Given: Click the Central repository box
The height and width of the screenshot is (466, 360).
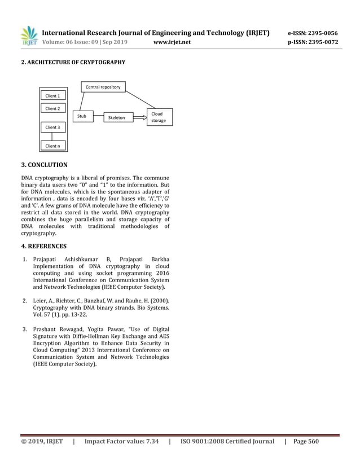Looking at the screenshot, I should [x=103, y=87].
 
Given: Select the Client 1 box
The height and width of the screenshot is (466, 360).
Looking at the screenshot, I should [x=52, y=96].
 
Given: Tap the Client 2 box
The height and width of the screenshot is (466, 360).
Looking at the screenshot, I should [x=52, y=108].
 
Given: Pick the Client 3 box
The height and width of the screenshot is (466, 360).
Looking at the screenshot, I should [x=52, y=128].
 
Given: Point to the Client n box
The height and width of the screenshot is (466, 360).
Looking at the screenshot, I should [x=52, y=146].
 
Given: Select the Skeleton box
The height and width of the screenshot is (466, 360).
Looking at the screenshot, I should [x=117, y=117].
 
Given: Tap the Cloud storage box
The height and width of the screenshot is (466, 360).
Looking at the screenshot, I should [x=159, y=117].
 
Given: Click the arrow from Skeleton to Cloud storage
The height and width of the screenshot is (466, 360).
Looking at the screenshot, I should [x=139, y=117].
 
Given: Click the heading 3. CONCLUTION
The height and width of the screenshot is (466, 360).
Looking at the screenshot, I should [x=44, y=165].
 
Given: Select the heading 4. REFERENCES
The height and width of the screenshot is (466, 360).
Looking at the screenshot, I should [x=43, y=246].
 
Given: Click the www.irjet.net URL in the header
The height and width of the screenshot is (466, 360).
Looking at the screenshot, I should [x=172, y=42].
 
